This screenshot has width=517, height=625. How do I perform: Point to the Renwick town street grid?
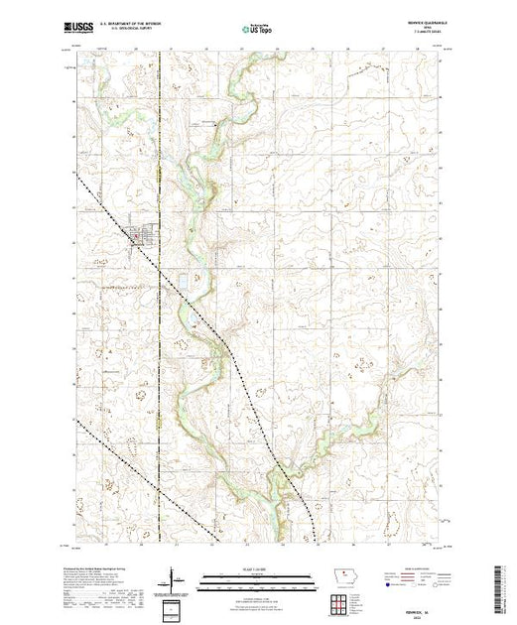(139, 235)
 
